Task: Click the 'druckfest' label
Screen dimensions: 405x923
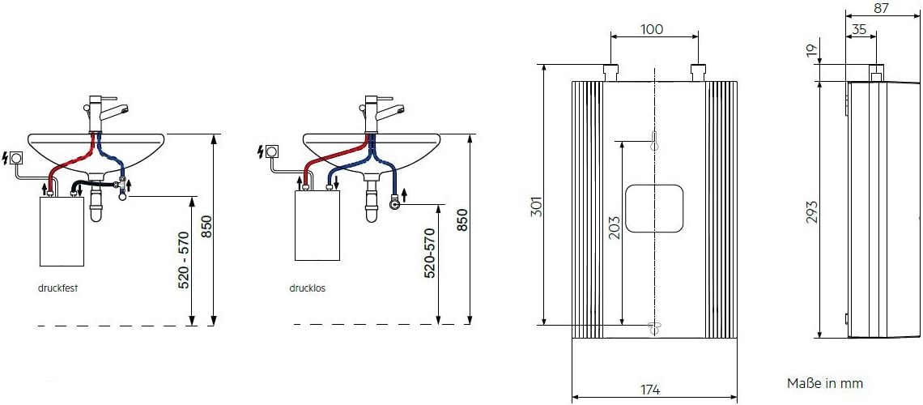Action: [x=57, y=288]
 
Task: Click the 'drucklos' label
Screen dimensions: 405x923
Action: [x=307, y=288]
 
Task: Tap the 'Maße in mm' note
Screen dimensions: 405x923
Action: [x=824, y=383]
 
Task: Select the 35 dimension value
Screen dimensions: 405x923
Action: [x=858, y=30]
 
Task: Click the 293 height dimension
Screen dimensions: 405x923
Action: [x=811, y=211]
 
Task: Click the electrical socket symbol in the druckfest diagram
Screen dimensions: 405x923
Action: [x=15, y=156]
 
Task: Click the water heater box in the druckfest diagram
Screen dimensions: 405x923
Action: [x=62, y=231]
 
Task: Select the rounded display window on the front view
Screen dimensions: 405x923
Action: [x=654, y=207]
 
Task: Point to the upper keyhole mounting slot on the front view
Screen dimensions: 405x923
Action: [x=654, y=141]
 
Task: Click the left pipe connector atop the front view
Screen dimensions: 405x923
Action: [x=611, y=71]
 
